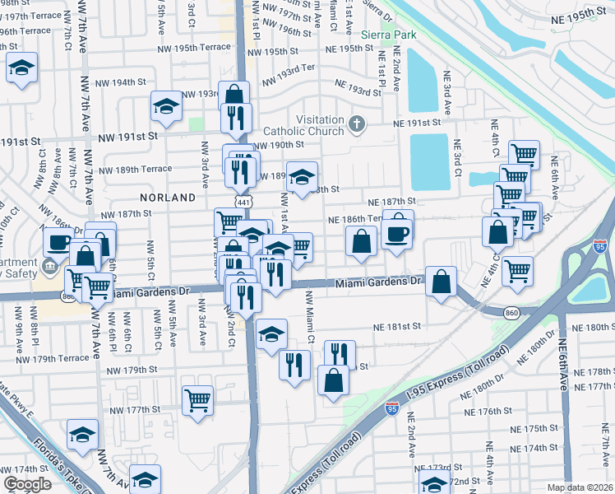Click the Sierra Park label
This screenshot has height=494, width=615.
point(386,35)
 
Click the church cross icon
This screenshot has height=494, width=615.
point(355,124)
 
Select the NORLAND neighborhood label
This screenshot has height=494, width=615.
point(167,198)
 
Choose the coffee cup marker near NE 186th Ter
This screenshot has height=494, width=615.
point(397,232)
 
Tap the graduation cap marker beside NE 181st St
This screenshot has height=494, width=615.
point(271,333)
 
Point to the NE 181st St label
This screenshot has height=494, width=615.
point(395,326)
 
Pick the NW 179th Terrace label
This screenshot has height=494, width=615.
point(51,358)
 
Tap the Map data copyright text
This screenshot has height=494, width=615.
point(580,487)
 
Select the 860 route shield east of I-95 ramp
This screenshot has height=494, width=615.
point(512,313)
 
